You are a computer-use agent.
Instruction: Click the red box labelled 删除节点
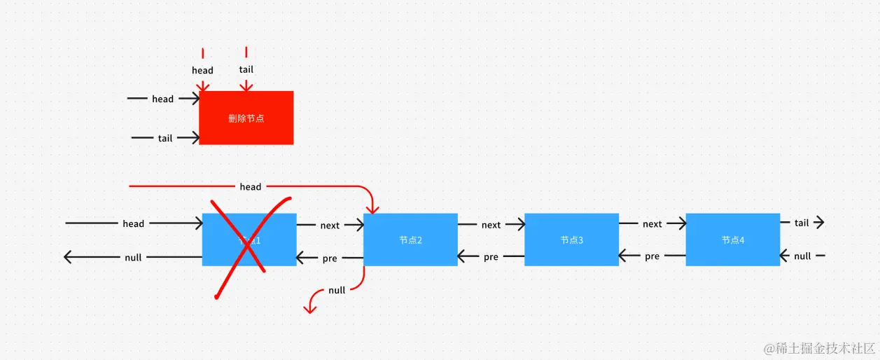click(246, 118)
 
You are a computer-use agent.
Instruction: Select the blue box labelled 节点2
click(410, 240)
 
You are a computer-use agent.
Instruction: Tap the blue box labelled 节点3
click(571, 240)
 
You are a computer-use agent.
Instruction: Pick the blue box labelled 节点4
click(732, 240)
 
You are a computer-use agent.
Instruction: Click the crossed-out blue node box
click(249, 240)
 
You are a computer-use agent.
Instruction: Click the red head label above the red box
click(202, 70)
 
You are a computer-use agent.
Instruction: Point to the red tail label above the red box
click(246, 69)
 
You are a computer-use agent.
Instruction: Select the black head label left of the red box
click(162, 99)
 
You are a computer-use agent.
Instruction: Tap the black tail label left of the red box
click(165, 139)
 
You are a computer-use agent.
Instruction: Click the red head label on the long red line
click(250, 187)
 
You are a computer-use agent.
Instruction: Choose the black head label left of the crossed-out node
click(133, 224)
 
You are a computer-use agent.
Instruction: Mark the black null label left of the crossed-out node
click(133, 258)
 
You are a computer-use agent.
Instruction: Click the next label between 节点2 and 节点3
click(491, 225)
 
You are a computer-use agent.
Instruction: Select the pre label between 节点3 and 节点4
click(652, 257)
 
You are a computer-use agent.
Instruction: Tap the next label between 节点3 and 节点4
click(652, 224)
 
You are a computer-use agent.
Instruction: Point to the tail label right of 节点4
click(802, 223)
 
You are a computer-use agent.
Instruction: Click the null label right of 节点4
click(802, 256)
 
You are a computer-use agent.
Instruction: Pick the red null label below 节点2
click(337, 290)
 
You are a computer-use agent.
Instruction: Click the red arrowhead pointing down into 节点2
click(372, 209)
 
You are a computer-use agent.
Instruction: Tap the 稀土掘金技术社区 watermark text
click(820, 348)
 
